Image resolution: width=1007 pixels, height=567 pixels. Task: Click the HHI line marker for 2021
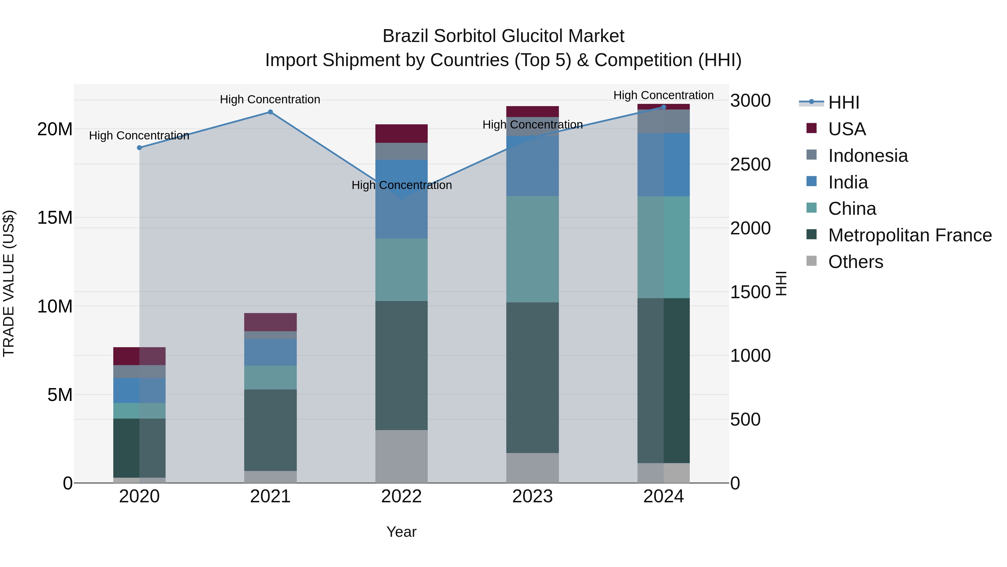pos(270,112)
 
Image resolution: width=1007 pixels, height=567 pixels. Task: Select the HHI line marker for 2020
pos(139,148)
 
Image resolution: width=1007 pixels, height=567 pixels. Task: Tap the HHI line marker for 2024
pos(664,107)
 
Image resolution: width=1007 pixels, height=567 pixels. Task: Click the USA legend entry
pos(847,129)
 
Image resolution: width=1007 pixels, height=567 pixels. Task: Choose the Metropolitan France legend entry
pos(910,235)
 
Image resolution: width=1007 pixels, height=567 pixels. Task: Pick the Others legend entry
pos(855,262)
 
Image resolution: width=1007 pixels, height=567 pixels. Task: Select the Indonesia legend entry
pos(868,156)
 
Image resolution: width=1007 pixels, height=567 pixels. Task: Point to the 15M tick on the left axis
pos(55,218)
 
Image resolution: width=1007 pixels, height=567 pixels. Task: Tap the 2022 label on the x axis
pos(401,496)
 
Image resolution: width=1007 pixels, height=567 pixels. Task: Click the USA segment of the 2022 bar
pos(401,134)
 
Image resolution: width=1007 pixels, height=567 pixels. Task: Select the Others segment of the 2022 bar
pos(401,456)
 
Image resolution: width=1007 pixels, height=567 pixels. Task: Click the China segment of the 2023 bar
pos(532,249)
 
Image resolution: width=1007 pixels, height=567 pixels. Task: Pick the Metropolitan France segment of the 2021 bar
pos(270,430)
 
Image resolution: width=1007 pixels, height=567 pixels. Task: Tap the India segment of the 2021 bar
pos(270,352)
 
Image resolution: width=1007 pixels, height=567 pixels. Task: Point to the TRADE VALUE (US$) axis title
pos(9,283)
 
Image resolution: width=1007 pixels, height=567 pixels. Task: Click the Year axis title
pos(401,532)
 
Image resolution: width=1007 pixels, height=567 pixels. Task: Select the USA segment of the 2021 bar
pos(270,322)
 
